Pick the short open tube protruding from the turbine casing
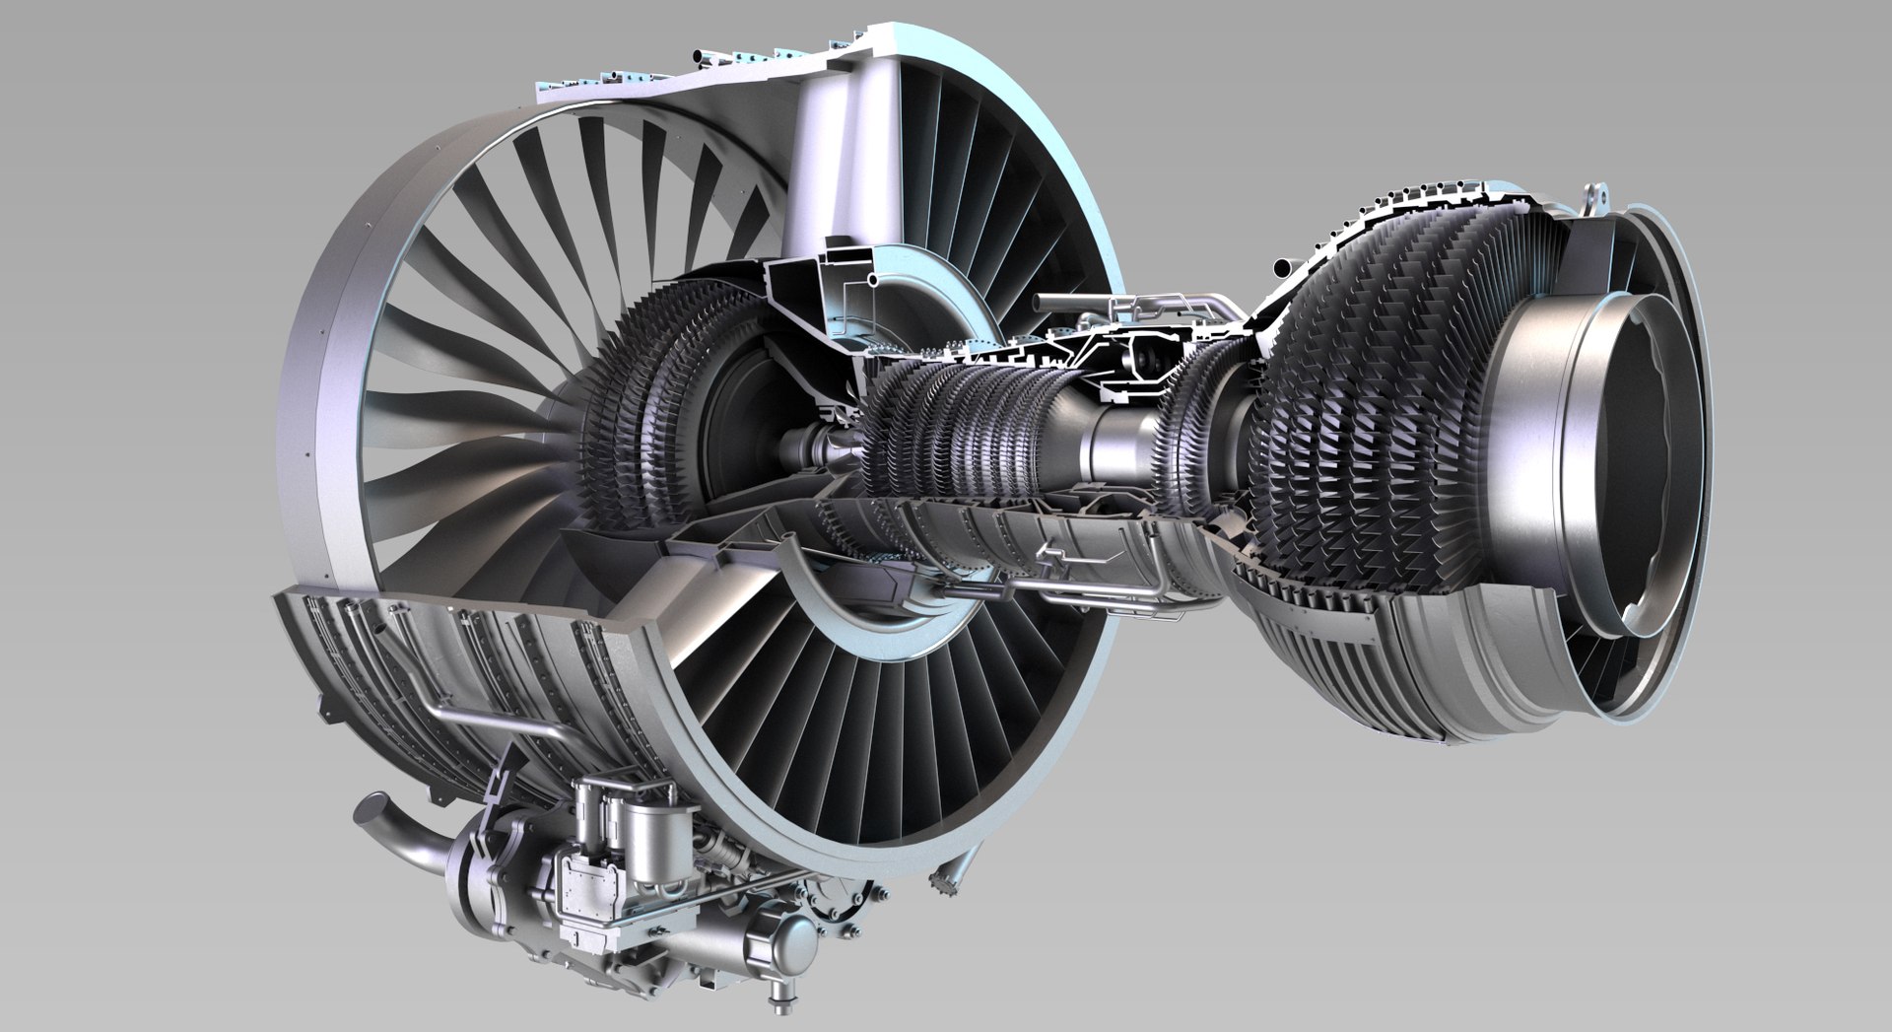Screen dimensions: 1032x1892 [1284, 267]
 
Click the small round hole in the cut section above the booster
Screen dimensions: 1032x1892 [874, 282]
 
